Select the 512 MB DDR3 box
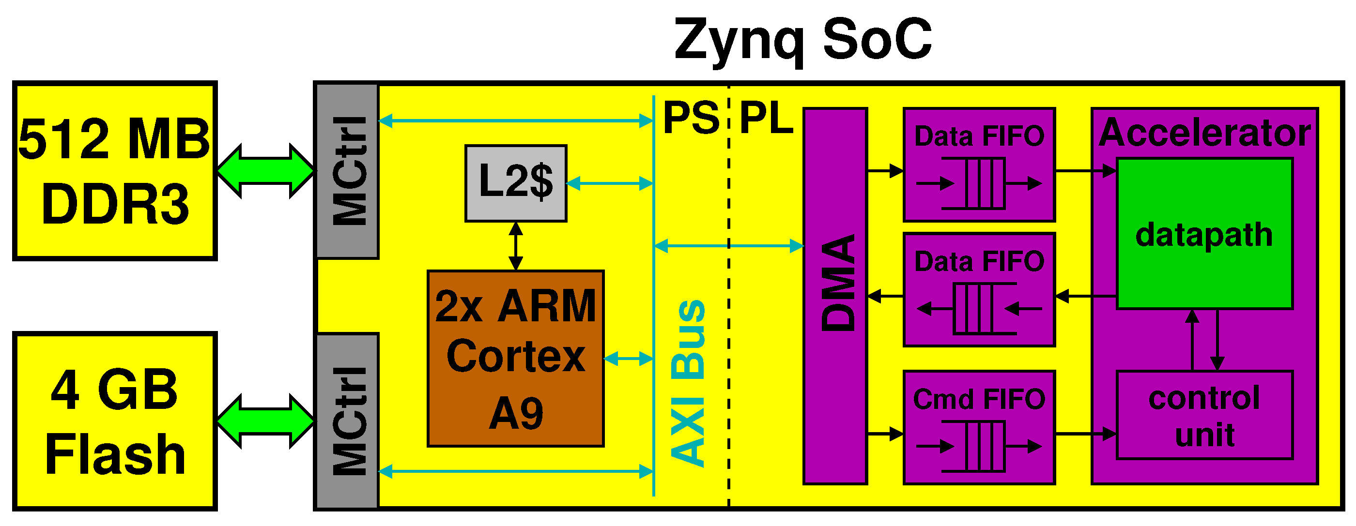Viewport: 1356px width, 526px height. point(115,171)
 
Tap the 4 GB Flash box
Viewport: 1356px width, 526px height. point(115,421)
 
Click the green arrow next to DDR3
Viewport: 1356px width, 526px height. point(265,171)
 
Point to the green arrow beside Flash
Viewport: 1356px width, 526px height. point(265,421)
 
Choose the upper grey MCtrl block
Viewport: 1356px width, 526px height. point(347,171)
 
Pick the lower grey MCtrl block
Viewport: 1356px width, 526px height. point(347,421)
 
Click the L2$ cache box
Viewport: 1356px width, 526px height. point(515,183)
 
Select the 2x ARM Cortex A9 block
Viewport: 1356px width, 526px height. point(515,359)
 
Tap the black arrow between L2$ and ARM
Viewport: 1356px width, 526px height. point(516,246)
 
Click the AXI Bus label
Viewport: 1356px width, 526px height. point(689,383)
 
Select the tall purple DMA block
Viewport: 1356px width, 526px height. point(835,296)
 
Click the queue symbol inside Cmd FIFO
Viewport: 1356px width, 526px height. point(979,447)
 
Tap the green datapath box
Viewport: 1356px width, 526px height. point(1204,234)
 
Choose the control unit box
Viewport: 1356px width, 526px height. point(1204,416)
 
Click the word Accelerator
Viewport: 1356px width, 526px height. point(1204,133)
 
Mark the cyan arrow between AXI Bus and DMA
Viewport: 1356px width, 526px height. point(728,246)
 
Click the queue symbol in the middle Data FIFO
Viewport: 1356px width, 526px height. point(979,309)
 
